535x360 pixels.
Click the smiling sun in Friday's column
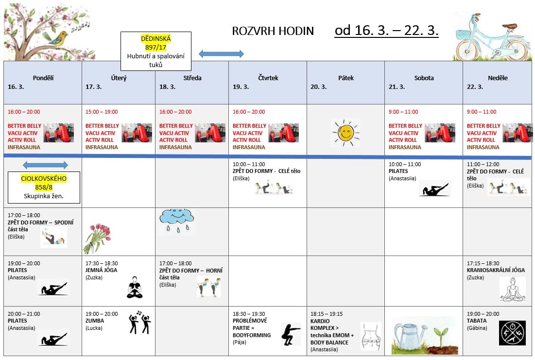345,132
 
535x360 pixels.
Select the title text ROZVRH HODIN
273,31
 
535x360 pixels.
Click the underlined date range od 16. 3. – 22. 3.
386,30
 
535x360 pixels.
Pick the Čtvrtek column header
268,78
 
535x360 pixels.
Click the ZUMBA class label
95,321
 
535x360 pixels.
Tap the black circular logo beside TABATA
512,333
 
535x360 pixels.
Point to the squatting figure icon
291,334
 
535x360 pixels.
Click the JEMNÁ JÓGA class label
101,270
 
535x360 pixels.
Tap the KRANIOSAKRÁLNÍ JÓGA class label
496,270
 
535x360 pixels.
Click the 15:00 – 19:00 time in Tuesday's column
102,112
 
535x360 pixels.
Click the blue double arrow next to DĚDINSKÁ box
221,54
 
